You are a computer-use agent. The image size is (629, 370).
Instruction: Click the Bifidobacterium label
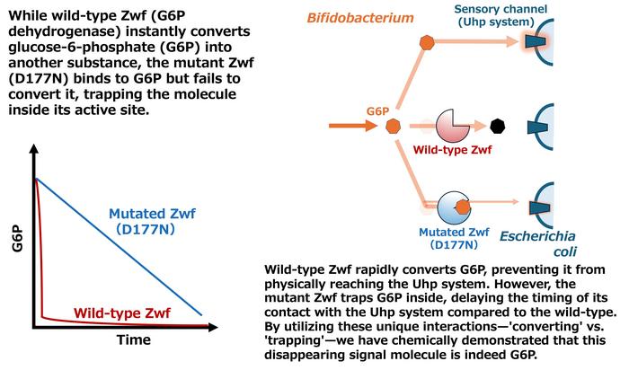click(x=360, y=18)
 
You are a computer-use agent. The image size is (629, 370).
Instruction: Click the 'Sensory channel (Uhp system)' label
click(x=501, y=15)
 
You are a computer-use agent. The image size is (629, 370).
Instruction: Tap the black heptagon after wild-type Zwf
click(x=498, y=126)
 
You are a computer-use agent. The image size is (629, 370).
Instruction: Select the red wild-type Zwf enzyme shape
click(x=452, y=126)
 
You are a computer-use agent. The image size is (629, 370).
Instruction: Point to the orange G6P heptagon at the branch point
click(x=394, y=126)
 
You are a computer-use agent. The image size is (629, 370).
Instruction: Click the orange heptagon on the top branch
click(x=427, y=42)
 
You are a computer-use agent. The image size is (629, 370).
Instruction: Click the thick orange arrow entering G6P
click(x=353, y=126)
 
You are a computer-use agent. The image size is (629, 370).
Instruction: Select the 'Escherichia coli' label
click(x=537, y=243)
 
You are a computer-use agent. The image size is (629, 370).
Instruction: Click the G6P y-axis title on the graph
click(x=17, y=239)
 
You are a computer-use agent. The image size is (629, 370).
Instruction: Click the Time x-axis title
click(x=134, y=340)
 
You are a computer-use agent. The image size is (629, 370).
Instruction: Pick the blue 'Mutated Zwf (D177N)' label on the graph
click(x=152, y=221)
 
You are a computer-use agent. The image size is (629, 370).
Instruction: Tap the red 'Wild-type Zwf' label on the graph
click(x=122, y=313)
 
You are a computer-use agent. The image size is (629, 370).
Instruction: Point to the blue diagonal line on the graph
click(x=119, y=247)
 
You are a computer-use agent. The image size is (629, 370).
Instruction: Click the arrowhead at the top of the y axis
click(x=34, y=149)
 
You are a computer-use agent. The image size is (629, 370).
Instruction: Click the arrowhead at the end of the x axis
click(x=213, y=327)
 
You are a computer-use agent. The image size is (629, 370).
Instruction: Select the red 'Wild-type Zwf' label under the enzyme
click(x=452, y=150)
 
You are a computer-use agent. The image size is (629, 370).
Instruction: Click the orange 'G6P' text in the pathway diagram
click(x=377, y=111)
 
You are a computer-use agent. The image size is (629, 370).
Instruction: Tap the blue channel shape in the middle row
click(x=537, y=127)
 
